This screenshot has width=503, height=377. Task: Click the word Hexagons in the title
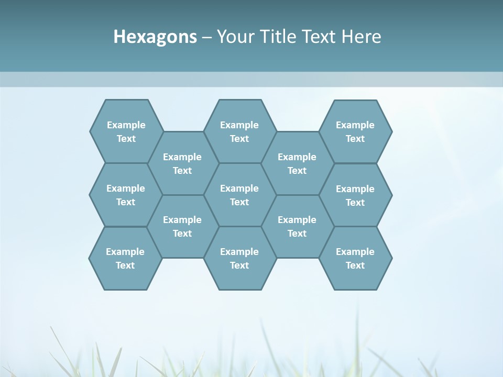(x=155, y=37)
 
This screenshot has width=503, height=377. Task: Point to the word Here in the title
(x=361, y=37)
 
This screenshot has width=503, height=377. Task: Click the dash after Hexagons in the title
(x=207, y=37)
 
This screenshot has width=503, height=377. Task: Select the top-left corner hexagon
(x=126, y=131)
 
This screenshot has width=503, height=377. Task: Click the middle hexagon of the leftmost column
(x=126, y=195)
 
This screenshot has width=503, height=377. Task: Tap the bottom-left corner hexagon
(x=125, y=258)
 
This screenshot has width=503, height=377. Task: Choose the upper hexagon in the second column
(x=182, y=163)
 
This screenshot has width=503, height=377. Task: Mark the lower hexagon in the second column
(x=182, y=226)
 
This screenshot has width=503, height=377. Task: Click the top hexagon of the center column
(x=239, y=131)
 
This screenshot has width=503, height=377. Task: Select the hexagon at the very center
(x=239, y=195)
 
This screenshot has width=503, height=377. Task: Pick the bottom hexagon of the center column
(x=239, y=258)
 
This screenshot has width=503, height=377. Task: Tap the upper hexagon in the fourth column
(x=297, y=163)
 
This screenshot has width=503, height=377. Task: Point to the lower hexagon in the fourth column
(x=297, y=226)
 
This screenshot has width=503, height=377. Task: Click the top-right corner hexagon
(x=355, y=131)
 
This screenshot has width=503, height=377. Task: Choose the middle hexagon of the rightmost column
(x=355, y=195)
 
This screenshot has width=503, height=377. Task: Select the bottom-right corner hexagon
(x=355, y=258)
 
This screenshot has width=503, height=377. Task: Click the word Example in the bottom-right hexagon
(x=355, y=252)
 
